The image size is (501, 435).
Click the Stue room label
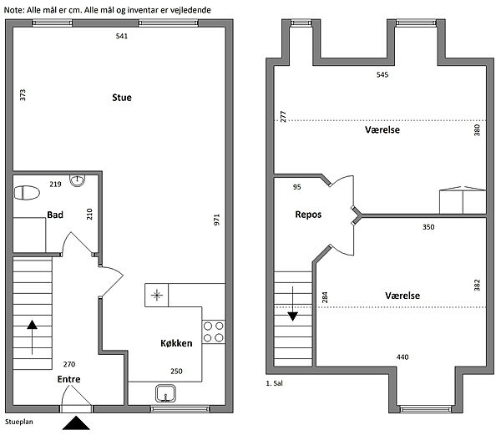pyautogui.click(x=122, y=98)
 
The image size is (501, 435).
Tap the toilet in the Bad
pyautogui.click(x=27, y=193)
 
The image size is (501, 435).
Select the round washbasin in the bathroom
pyautogui.click(x=78, y=181)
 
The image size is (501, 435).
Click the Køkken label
pyautogui.click(x=176, y=343)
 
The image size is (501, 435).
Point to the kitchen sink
pyautogui.click(x=165, y=393)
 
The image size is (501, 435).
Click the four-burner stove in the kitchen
pyautogui.click(x=214, y=331)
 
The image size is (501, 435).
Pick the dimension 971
pyautogui.click(x=216, y=220)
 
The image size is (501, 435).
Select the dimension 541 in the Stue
pyautogui.click(x=122, y=36)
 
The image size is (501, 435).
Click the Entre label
pyautogui.click(x=68, y=379)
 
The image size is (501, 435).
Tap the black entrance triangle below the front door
pyautogui.click(x=76, y=422)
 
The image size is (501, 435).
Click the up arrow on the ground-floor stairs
pyautogui.click(x=32, y=337)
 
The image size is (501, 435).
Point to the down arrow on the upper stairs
pyautogui.click(x=293, y=303)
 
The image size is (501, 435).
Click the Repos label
pyautogui.click(x=308, y=215)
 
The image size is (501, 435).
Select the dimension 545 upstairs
pyautogui.click(x=382, y=75)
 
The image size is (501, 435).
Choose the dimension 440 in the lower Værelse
pyautogui.click(x=402, y=357)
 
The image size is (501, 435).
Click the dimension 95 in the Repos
pyautogui.click(x=296, y=187)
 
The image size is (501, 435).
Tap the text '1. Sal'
pyautogui.click(x=274, y=383)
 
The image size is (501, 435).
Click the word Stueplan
pyautogui.click(x=19, y=422)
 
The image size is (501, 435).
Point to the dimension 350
pyautogui.click(x=428, y=227)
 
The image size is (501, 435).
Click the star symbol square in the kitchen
pyautogui.click(x=157, y=295)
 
